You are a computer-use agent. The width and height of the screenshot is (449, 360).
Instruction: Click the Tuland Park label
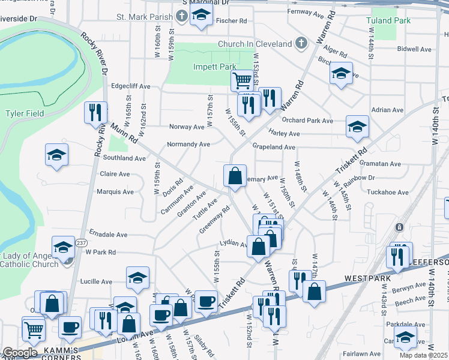pyautogui.click(x=388, y=20)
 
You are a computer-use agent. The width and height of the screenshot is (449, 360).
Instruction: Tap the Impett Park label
pyautogui.click(x=213, y=67)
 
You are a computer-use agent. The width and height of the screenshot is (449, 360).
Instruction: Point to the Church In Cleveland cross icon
pyautogui.click(x=301, y=43)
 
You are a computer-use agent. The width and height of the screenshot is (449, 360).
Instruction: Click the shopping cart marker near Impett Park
pyautogui.click(x=242, y=79)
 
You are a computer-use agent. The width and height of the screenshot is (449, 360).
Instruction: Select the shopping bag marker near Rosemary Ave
pyautogui.click(x=235, y=176)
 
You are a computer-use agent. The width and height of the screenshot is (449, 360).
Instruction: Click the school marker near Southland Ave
pyautogui.click(x=57, y=154)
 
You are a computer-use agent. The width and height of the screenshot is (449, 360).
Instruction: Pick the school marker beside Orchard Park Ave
pyautogui.click(x=357, y=126)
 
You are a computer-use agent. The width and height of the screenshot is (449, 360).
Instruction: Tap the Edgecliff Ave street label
pyautogui.click(x=130, y=86)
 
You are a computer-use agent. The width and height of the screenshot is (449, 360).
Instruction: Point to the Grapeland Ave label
pyautogui.click(x=273, y=147)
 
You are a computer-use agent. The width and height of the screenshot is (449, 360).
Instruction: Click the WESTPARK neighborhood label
pyautogui.click(x=368, y=279)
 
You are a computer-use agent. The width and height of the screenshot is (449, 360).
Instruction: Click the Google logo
pyautogui.click(x=20, y=353)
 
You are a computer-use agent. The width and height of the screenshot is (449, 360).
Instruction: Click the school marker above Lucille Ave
pyautogui.click(x=137, y=277)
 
